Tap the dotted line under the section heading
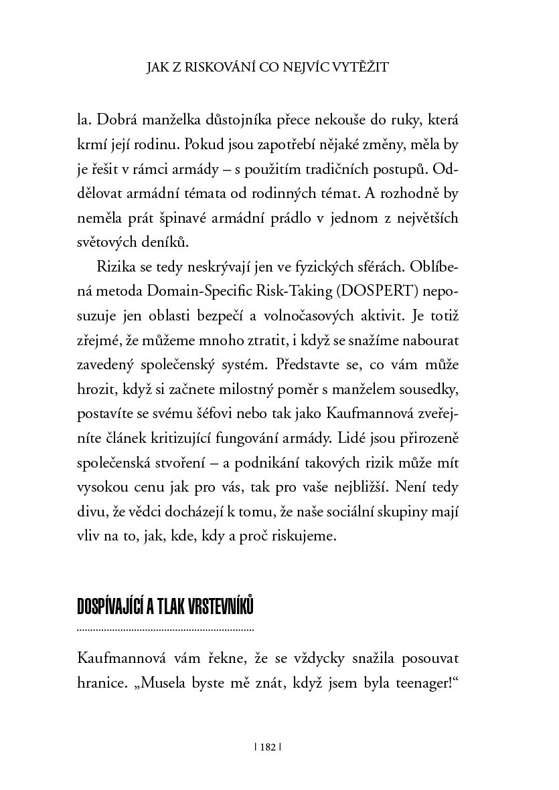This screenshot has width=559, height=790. click(x=165, y=629)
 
